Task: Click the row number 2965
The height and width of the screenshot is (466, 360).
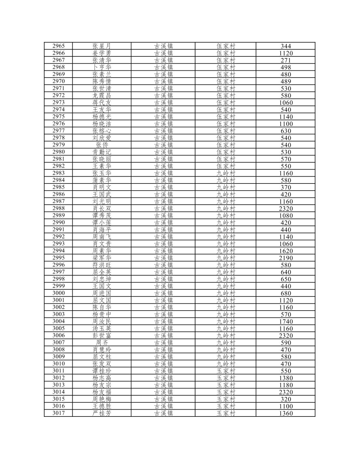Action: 58,46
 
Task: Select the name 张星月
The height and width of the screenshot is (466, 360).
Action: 102,46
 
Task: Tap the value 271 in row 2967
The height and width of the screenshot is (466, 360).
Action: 285,60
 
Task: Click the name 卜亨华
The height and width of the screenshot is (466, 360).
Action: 102,67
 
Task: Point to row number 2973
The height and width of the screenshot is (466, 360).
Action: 58,103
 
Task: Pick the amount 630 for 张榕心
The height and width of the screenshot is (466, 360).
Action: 285,131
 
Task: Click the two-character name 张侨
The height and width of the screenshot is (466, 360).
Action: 102,145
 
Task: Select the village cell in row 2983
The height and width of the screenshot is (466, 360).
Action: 225,173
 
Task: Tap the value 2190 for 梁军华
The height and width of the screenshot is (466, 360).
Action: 285,258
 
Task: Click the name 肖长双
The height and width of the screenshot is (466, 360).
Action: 102,209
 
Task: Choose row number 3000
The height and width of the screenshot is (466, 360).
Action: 58,293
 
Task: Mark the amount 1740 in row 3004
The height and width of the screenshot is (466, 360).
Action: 285,322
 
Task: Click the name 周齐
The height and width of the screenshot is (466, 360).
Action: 102,343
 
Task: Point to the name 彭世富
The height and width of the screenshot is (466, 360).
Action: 102,336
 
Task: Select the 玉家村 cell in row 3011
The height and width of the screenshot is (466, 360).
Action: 225,371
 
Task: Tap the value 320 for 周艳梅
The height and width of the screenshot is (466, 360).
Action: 285,399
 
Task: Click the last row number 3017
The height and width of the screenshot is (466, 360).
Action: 58,413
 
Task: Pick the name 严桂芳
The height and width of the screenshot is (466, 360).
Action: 102,413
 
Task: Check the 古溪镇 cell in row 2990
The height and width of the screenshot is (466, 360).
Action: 163,223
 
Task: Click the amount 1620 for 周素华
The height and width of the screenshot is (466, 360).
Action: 285,251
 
